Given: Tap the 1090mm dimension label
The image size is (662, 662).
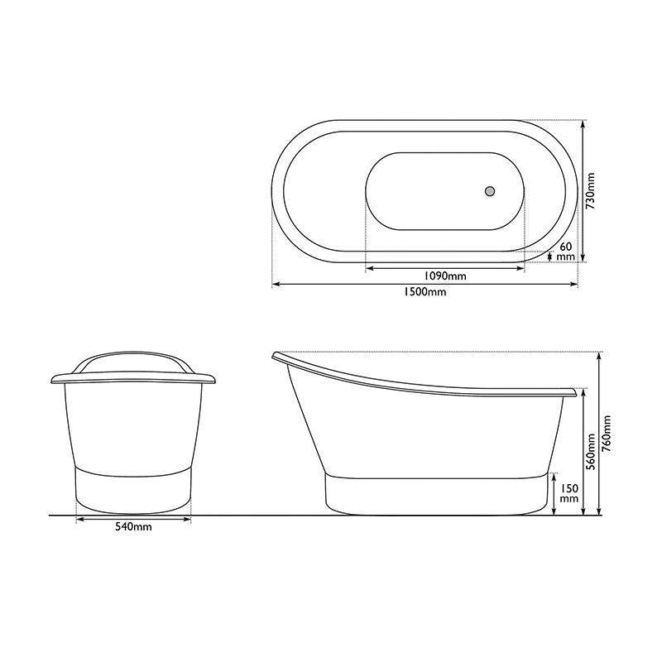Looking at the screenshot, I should coord(445,276).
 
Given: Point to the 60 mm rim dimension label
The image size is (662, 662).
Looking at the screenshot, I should coord(566,252).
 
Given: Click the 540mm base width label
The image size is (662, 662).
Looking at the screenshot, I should coord(133,528).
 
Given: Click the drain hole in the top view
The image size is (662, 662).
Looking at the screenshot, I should coord(490,190).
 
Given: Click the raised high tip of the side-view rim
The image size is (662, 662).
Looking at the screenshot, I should coord(275,356).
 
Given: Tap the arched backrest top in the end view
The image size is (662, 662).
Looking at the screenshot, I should coord(133,353).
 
